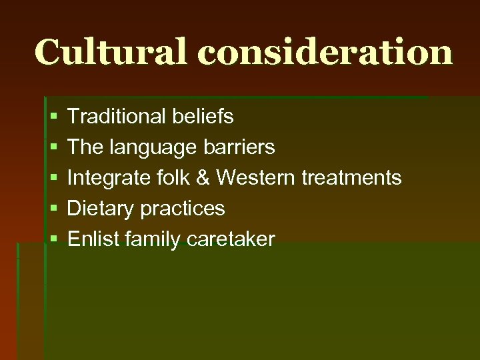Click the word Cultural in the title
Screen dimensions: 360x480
[x=111, y=51]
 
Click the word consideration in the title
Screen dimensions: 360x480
[x=325, y=51]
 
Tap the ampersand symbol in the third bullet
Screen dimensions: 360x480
[x=202, y=178]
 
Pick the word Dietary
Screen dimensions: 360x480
[x=98, y=209]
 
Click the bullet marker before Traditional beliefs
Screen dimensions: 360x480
[x=53, y=117]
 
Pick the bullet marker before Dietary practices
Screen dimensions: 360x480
[x=53, y=209]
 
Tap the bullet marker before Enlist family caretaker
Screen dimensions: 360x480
[x=53, y=240]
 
